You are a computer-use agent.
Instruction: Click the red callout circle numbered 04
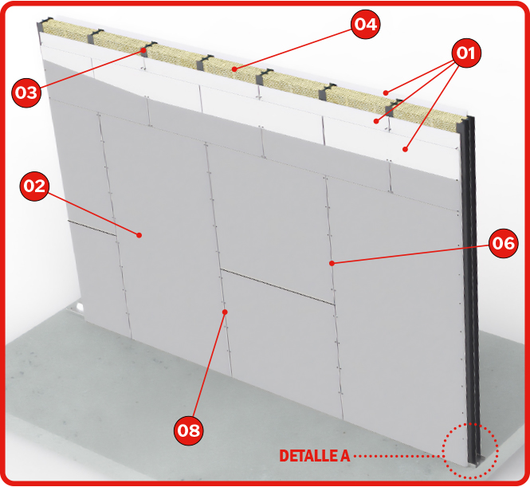(365, 24)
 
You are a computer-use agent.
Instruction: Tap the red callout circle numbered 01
(466, 53)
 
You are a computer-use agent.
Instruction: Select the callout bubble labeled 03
(26, 92)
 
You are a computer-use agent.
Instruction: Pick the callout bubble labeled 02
(35, 187)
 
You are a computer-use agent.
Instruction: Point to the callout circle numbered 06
(503, 243)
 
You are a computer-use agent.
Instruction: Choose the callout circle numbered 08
(189, 430)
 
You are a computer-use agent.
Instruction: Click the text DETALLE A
(314, 456)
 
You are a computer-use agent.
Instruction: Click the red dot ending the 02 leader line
(139, 235)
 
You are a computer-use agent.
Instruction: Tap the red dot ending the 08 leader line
(225, 312)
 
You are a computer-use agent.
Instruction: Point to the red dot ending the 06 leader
(332, 263)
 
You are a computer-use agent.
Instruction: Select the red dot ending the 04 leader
(234, 69)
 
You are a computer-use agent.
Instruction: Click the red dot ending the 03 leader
(143, 50)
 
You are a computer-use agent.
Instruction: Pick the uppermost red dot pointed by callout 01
(386, 92)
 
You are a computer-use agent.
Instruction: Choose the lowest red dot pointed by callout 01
(406, 149)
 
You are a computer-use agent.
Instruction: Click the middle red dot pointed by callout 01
(376, 121)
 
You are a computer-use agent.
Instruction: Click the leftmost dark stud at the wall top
(44, 25)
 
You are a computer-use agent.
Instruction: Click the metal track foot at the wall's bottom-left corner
(77, 309)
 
